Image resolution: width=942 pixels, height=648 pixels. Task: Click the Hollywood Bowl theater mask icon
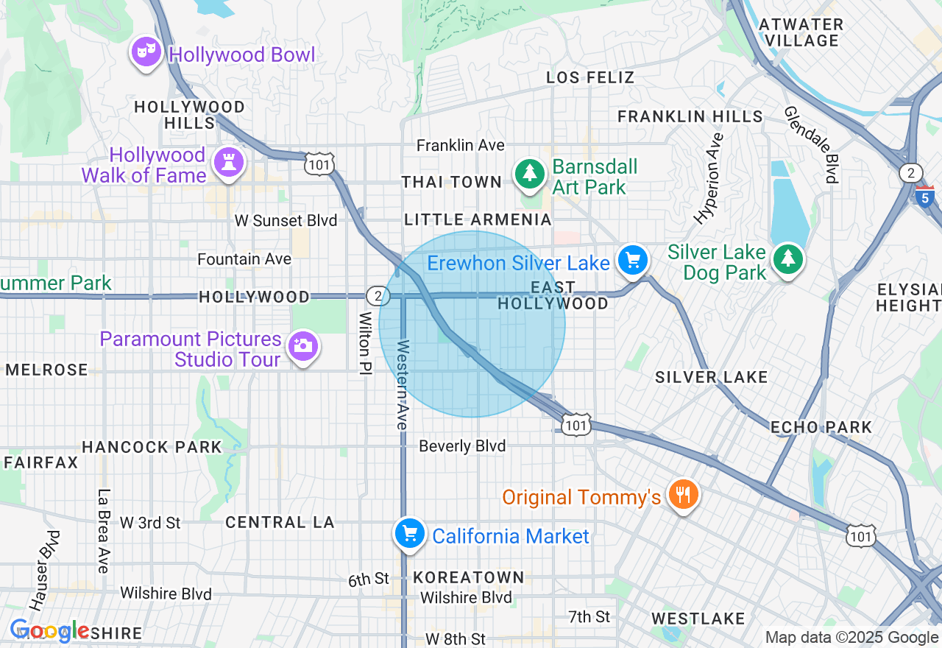click(146, 52)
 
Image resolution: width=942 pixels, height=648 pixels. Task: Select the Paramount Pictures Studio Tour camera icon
click(302, 345)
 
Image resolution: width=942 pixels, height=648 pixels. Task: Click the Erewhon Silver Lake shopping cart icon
click(632, 260)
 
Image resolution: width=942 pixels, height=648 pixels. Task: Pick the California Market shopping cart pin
click(409, 533)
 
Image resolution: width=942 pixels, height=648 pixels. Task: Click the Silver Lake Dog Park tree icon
click(788, 258)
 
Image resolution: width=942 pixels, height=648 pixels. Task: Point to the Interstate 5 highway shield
click(924, 197)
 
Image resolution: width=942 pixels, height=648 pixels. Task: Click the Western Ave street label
click(402, 384)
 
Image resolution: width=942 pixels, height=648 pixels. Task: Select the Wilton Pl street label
click(364, 344)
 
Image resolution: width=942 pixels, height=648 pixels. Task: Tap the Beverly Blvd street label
click(462, 446)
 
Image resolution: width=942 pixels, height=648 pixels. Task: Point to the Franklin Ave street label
click(460, 146)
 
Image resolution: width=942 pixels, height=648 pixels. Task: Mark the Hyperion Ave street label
click(709, 177)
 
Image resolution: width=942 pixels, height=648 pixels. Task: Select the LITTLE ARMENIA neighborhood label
click(478, 219)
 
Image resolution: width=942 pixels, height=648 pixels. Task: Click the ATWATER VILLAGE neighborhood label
click(801, 32)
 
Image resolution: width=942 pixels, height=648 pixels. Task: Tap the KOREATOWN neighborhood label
click(469, 577)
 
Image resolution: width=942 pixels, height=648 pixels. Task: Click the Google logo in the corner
click(49, 630)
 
